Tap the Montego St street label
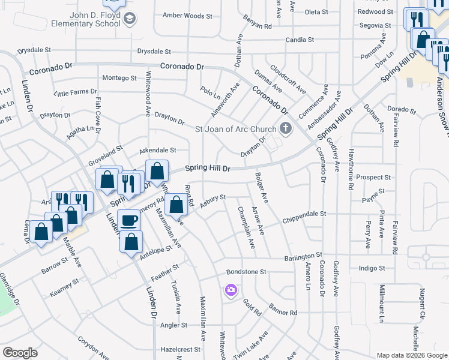pyautogui.click(x=119, y=78)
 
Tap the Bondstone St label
pyautogui.click(x=246, y=272)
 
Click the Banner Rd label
pyautogui.click(x=284, y=313)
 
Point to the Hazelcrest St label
pyautogui.click(x=179, y=349)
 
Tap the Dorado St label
pyautogui.click(x=402, y=110)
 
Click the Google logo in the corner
pyautogui.click(x=20, y=353)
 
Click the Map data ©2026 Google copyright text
pyautogui.click(x=412, y=355)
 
